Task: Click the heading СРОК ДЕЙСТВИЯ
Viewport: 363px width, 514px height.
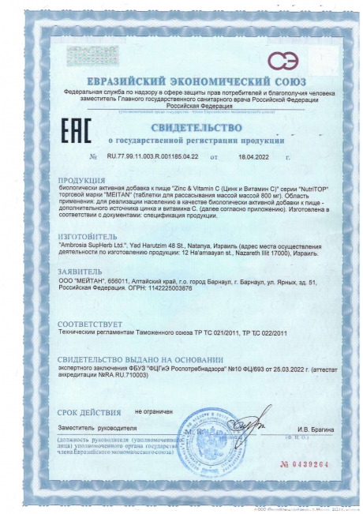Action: (86, 411)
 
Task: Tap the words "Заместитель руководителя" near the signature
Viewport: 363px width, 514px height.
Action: (86, 427)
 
